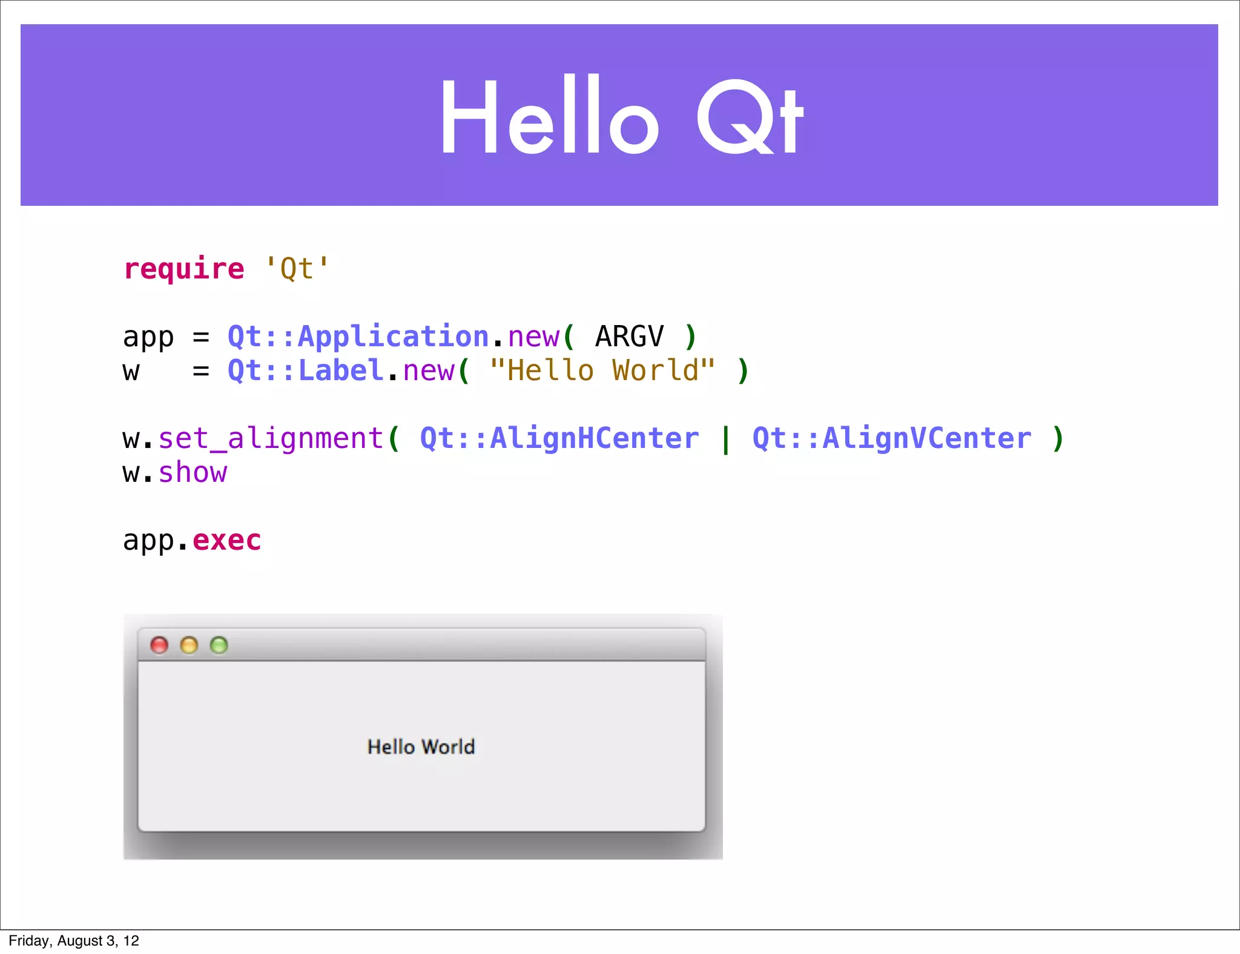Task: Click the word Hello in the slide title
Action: [x=548, y=116]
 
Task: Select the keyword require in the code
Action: [x=184, y=268]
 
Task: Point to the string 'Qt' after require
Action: [x=297, y=268]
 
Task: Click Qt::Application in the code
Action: [x=358, y=337]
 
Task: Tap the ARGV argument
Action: [x=630, y=337]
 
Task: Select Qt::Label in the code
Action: [x=305, y=370]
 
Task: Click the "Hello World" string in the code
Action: [x=602, y=370]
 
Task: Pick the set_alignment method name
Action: [x=271, y=438]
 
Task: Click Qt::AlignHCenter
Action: [x=559, y=438]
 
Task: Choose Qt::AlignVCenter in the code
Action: [x=892, y=438]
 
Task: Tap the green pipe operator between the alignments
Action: [x=725, y=439]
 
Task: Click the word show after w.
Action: [x=193, y=472]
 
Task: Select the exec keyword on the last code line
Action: [x=227, y=540]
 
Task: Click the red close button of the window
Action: [x=159, y=645]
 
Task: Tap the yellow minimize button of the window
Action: [x=189, y=645]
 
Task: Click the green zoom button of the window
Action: [x=219, y=645]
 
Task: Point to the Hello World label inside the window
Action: [x=421, y=747]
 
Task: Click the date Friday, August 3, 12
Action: [x=74, y=941]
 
